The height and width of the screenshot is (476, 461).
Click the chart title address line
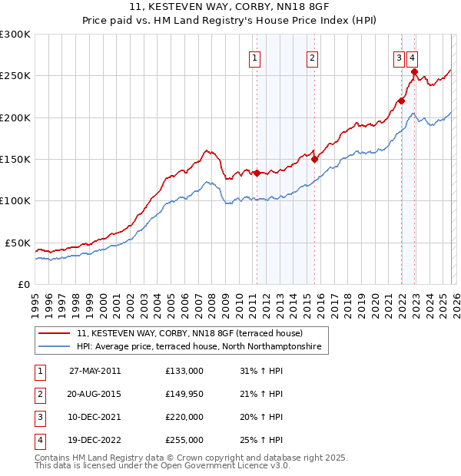(x=230, y=9)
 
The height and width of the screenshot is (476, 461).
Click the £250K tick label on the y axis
(x=15, y=76)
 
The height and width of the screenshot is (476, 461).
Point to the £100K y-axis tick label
(x=15, y=200)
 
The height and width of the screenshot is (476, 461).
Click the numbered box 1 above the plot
(x=254, y=57)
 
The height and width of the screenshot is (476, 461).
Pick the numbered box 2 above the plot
(x=313, y=57)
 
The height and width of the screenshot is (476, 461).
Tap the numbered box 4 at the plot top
(x=413, y=57)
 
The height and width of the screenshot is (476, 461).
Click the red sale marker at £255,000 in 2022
(x=414, y=72)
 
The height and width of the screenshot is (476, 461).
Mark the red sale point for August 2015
(x=314, y=160)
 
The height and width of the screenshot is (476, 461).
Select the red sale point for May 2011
(x=257, y=174)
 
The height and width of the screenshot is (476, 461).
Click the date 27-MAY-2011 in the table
(x=95, y=371)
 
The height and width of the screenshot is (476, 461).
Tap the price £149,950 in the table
(x=184, y=394)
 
